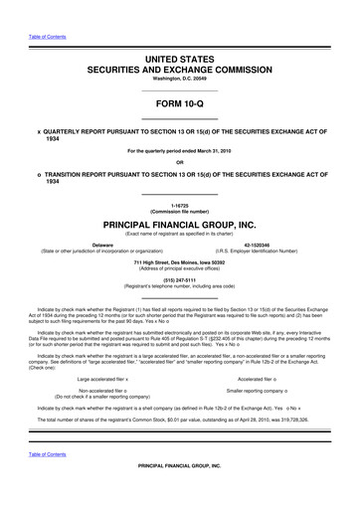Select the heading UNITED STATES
179,61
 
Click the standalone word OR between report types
179,163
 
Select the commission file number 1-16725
179,205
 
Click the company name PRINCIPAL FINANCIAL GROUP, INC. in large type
179,225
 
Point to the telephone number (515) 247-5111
179,281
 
